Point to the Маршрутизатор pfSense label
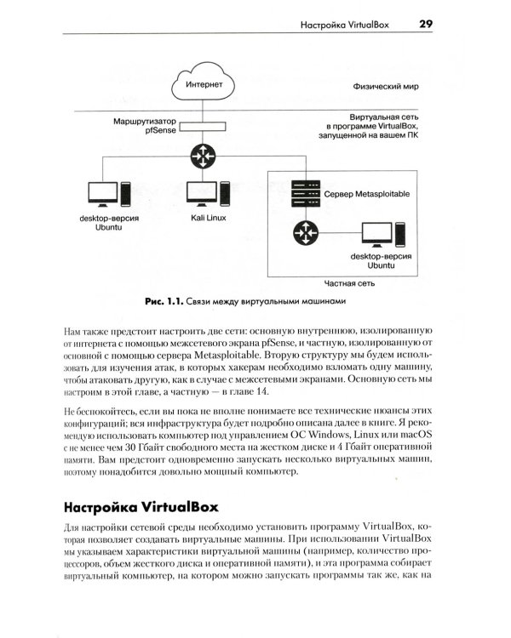141,128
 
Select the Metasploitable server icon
299,191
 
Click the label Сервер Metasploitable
367,195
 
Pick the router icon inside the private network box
302,231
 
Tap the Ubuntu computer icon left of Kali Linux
108,193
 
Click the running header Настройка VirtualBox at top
345,26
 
